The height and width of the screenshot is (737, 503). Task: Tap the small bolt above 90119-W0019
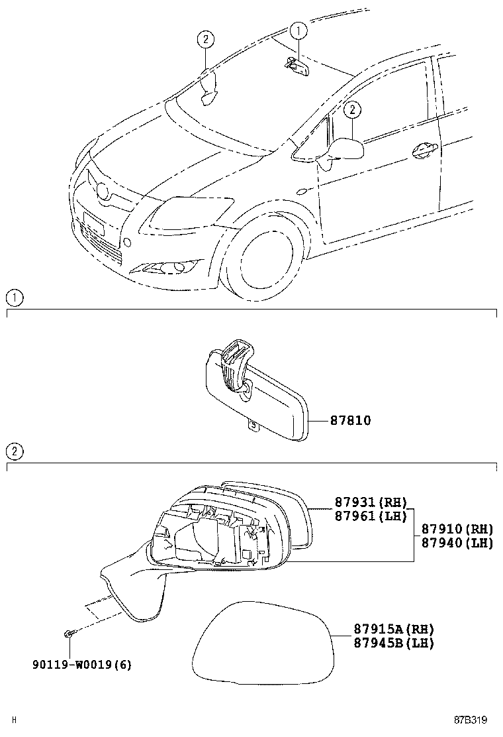tap(69, 634)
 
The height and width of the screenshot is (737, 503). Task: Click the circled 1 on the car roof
tap(298, 30)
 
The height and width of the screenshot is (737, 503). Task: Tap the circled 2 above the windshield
tap(206, 40)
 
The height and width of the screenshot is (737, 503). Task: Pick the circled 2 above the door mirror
tap(353, 109)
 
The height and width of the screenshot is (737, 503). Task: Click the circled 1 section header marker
tap(14, 298)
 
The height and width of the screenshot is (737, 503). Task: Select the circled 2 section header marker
tap(14, 452)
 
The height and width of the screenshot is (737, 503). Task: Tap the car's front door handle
tap(423, 149)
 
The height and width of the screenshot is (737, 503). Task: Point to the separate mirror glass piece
tap(263, 642)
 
